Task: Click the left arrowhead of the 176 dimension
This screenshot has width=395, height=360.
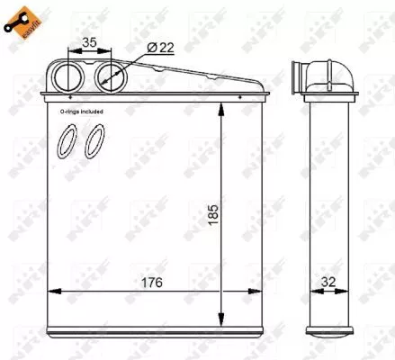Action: coord(50,291)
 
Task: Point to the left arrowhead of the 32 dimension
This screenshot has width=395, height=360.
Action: coord(309,291)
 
